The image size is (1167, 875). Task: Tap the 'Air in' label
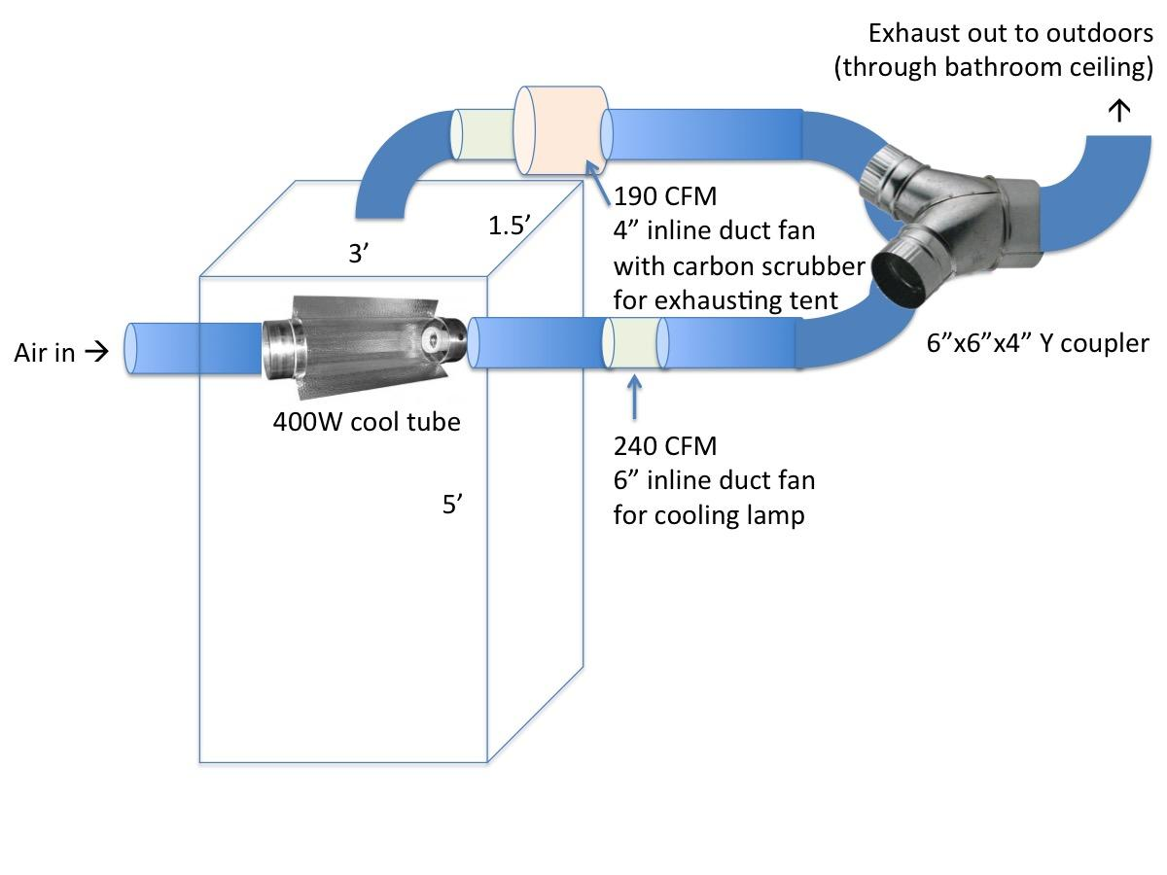[45, 352]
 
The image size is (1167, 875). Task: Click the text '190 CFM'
[664, 197]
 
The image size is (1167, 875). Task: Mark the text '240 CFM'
[664, 446]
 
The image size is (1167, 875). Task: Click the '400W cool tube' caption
[367, 423]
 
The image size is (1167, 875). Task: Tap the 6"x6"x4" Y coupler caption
[1038, 343]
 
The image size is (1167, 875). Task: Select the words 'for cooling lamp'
[709, 515]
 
